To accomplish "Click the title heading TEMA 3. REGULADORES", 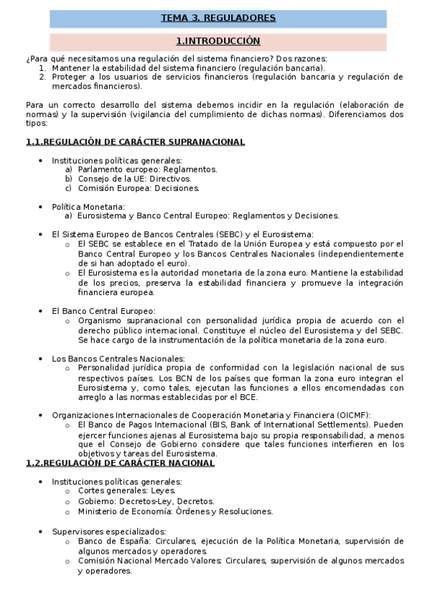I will tap(218, 18).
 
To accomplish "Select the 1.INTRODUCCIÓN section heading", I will tap(218, 42).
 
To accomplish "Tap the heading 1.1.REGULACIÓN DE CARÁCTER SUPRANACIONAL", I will tap(135, 142).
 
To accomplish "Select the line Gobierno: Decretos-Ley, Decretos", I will tap(142, 501).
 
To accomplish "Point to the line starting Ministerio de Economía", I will tap(175, 511).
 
